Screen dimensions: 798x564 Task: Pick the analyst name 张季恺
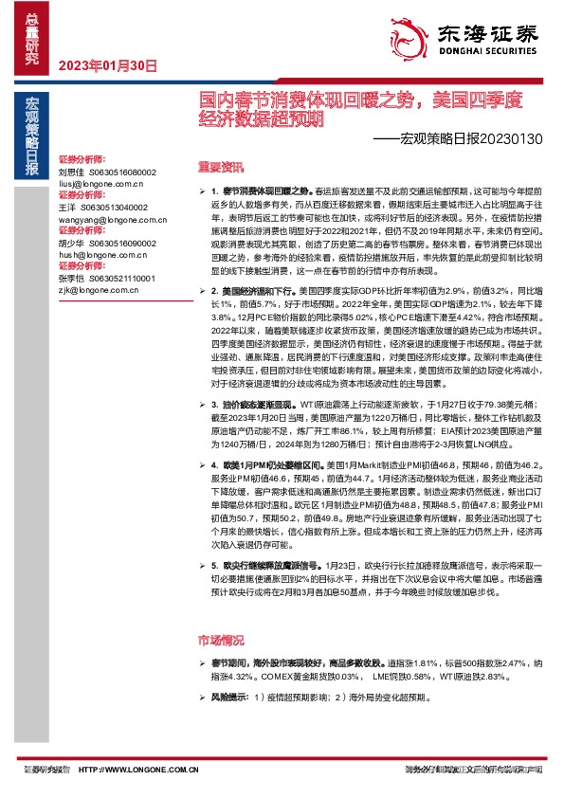[x=71, y=279]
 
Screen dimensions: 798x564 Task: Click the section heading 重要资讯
[x=213, y=163]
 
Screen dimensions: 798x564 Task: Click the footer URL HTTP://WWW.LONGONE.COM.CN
[x=144, y=771]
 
